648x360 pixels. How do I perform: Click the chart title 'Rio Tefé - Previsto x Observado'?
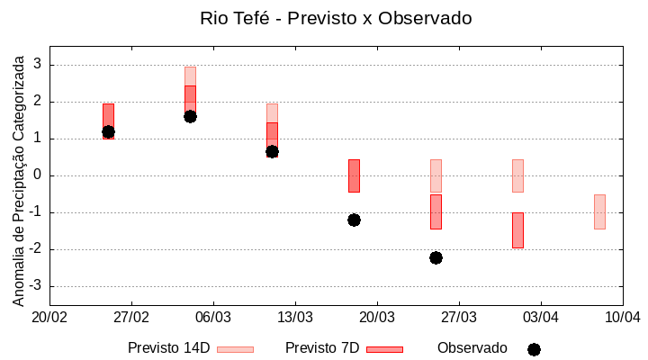pos(336,18)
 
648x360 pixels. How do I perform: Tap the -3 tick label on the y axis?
pos(35,286)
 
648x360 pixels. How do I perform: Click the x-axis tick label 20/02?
pos(49,317)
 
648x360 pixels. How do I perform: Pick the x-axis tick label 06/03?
pos(213,317)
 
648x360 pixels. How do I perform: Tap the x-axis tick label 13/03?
pos(295,317)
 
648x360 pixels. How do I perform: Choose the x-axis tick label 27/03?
pos(459,317)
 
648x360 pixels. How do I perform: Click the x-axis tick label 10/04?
pos(622,317)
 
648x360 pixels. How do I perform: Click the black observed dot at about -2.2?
pos(436,257)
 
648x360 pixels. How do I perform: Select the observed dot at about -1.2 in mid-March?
pos(354,220)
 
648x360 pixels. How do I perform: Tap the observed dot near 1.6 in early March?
pos(190,116)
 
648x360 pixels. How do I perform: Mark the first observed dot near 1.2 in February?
pos(108,131)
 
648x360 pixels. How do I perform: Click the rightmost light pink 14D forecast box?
pos(599,211)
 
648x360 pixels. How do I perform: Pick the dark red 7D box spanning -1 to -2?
pos(517,230)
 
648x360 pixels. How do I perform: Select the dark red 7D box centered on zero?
pos(354,175)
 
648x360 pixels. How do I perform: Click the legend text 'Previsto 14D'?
pos(168,348)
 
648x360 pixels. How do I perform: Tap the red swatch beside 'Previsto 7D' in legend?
pos(384,349)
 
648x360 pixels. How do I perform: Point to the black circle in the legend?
pos(534,349)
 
